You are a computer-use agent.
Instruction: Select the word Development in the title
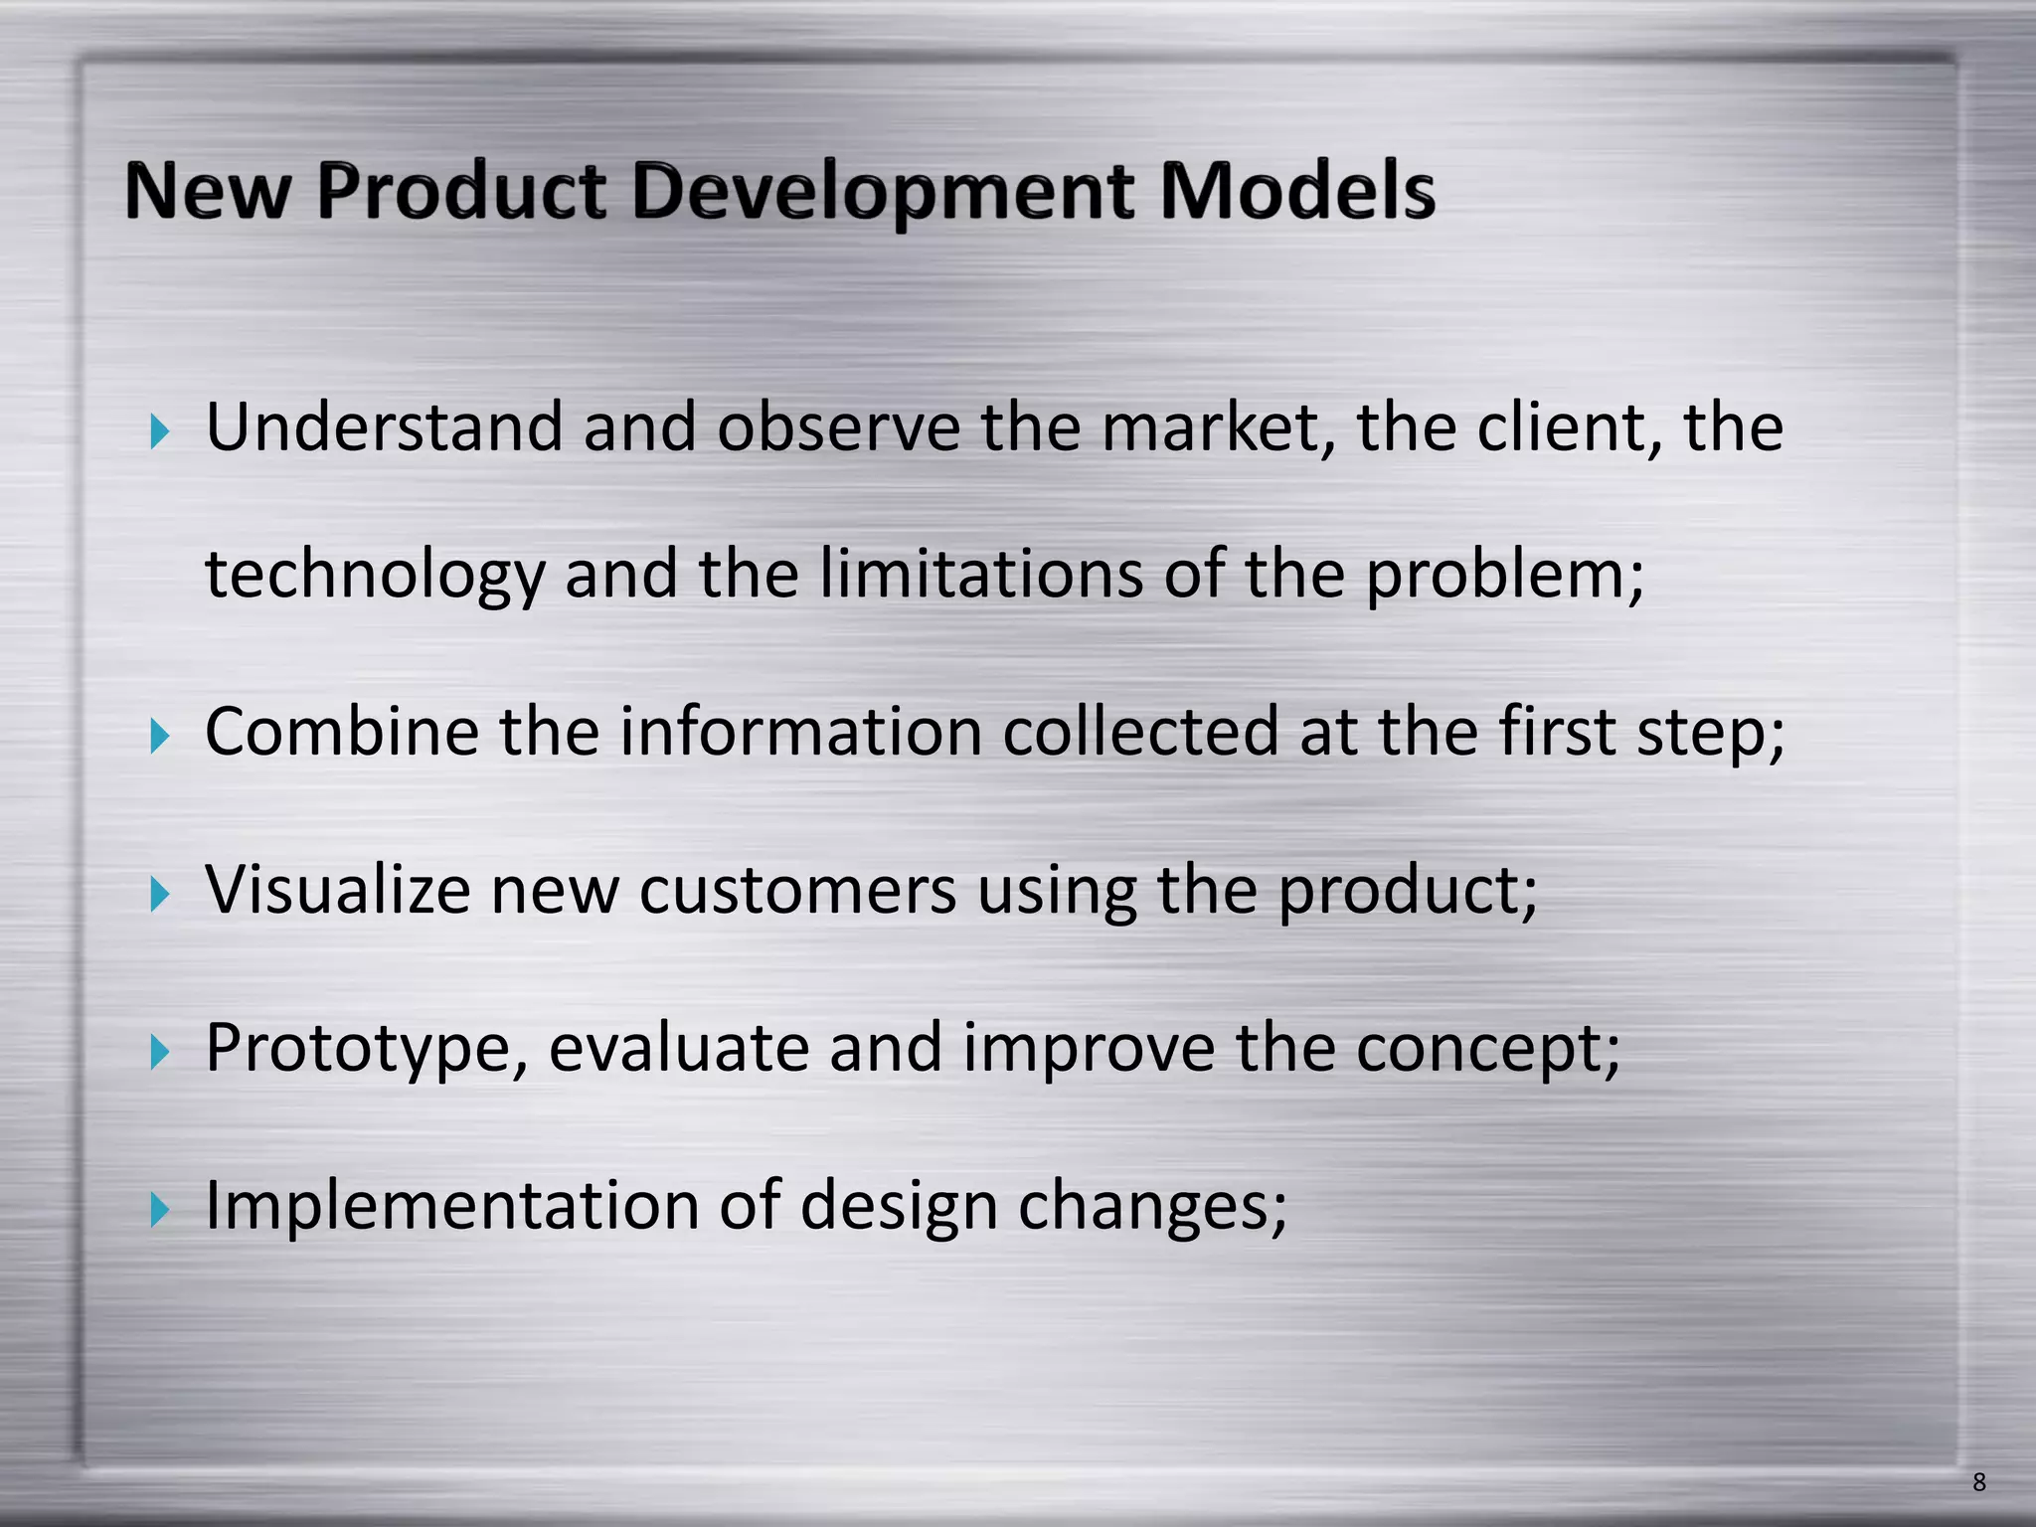881,193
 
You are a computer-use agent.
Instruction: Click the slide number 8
1978,1482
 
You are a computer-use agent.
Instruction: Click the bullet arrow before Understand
159,431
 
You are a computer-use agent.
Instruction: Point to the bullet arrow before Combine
159,737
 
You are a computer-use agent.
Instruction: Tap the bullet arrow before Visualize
159,894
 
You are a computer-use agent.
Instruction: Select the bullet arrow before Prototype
159,1052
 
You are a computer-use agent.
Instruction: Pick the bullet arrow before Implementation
159,1210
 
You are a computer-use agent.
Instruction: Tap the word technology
375,577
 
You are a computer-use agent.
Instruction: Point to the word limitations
981,575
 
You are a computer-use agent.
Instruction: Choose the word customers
797,891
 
